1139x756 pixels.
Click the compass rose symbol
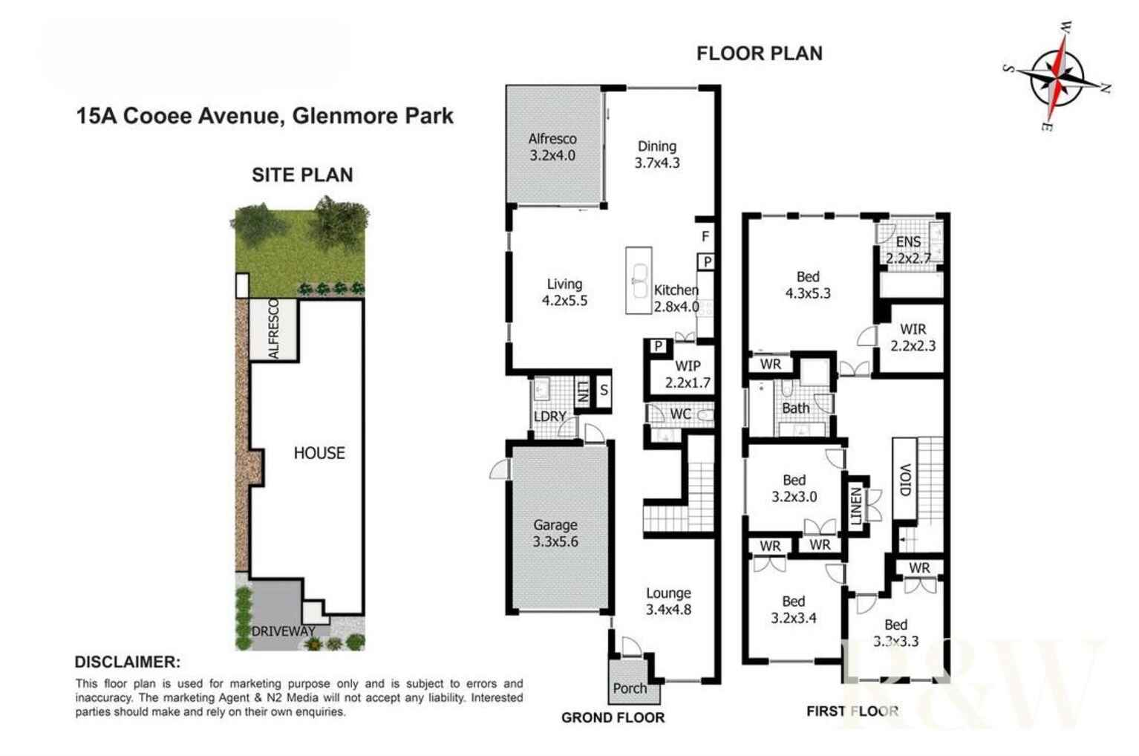1057,76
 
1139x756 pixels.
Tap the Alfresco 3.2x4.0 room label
552,147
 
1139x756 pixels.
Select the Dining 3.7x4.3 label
657,154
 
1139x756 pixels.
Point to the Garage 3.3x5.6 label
555,532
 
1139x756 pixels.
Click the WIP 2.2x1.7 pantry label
688,374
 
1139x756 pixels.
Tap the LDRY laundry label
549,417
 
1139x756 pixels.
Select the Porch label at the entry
630,688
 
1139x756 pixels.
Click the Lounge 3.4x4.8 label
669,602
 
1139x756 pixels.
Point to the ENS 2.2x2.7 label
908,250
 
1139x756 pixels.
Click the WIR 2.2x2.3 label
913,338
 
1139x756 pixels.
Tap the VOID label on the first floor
905,480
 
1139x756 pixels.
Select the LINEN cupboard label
856,506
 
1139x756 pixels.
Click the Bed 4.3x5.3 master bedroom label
808,284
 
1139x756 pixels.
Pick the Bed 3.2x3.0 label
794,488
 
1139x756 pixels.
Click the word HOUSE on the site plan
319,453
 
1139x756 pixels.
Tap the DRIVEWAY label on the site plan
283,631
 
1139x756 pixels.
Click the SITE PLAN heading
302,175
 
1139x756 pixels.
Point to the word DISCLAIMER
128,662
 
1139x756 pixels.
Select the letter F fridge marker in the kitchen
705,236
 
